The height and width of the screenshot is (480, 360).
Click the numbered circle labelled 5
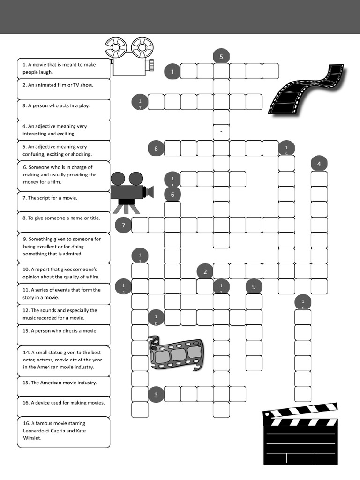[221, 57]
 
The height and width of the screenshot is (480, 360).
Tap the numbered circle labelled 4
[319, 164]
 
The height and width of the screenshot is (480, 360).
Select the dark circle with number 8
[156, 149]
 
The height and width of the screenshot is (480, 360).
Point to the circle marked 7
[123, 225]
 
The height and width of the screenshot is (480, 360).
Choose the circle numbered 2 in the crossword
[205, 271]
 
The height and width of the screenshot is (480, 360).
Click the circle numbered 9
[254, 287]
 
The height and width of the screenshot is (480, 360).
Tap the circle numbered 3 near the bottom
[156, 395]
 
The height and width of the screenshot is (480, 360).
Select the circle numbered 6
[172, 194]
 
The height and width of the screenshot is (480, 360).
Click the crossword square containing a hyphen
[221, 132]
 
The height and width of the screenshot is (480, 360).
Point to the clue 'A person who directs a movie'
[64, 331]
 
